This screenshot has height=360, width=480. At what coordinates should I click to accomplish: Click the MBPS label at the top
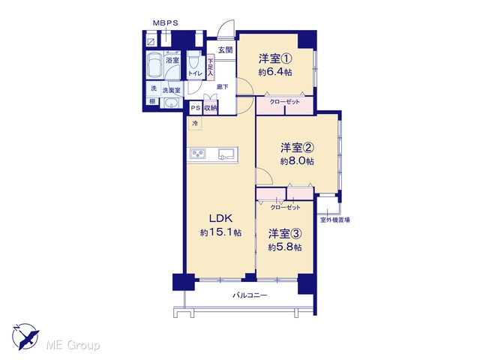coord(165,23)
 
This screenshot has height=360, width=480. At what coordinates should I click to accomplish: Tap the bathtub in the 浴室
coord(154,65)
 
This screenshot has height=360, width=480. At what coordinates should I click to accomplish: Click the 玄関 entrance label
coord(225,50)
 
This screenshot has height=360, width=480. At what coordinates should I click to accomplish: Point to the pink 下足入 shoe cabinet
coord(210,67)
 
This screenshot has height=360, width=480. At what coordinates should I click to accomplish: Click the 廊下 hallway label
coord(223,87)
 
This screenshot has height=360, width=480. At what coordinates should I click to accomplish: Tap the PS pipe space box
coord(195,108)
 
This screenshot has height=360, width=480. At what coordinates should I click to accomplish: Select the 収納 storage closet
coord(211,108)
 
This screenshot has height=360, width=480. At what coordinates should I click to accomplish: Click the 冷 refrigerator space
coord(195,123)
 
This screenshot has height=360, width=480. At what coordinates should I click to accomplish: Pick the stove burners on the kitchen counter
coord(198,154)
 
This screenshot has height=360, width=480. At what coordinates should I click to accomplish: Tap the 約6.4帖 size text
coord(275,72)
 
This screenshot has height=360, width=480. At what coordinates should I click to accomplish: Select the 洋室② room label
coord(297,148)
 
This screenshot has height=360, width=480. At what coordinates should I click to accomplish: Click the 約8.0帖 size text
coord(297,161)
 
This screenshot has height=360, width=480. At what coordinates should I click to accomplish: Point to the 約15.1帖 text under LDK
coord(220,232)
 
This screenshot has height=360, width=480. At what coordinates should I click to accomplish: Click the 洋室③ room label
coord(285,234)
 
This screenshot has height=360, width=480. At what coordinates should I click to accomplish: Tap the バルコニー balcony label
coord(250,295)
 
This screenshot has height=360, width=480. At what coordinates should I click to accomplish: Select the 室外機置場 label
coord(335,220)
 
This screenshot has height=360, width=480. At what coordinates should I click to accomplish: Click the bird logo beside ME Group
coord(25,336)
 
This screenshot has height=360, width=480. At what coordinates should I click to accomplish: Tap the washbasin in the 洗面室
coord(172,103)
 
